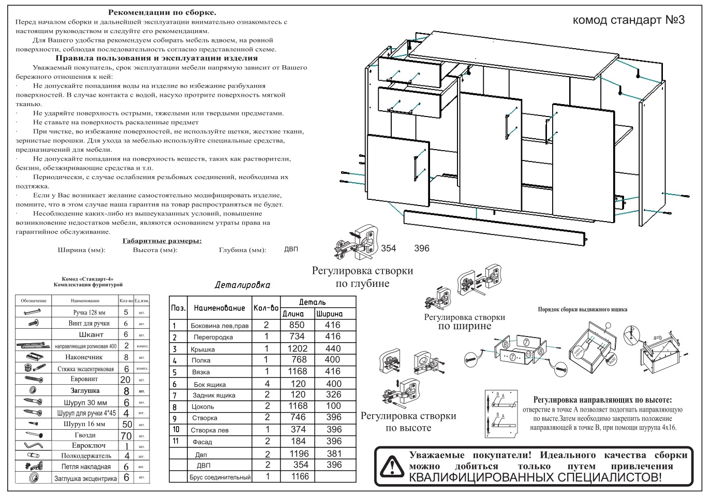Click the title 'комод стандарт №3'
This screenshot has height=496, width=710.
(x=629, y=20)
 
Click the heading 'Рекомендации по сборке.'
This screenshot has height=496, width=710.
(x=162, y=12)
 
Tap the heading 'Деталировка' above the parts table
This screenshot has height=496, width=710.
(x=242, y=285)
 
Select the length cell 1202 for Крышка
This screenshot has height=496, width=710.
(x=298, y=348)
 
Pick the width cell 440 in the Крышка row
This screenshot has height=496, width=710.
(x=333, y=348)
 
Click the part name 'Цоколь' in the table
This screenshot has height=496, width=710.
(x=202, y=406)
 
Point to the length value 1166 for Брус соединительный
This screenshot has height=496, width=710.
(x=300, y=476)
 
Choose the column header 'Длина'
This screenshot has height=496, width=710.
(x=293, y=313)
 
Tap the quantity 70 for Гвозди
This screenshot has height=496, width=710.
(x=126, y=435)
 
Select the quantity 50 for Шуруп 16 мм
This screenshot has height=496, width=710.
(x=126, y=424)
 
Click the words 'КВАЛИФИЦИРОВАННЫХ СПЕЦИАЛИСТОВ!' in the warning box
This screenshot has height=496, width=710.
(x=535, y=476)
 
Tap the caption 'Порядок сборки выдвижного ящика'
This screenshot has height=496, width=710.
(x=582, y=309)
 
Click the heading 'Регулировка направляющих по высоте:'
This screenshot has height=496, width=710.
(x=602, y=400)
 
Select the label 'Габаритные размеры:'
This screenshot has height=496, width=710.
(x=162, y=241)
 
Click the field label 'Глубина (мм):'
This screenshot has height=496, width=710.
(x=243, y=250)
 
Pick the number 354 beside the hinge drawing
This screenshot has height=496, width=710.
(x=388, y=248)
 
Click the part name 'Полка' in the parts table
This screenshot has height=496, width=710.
(x=201, y=360)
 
